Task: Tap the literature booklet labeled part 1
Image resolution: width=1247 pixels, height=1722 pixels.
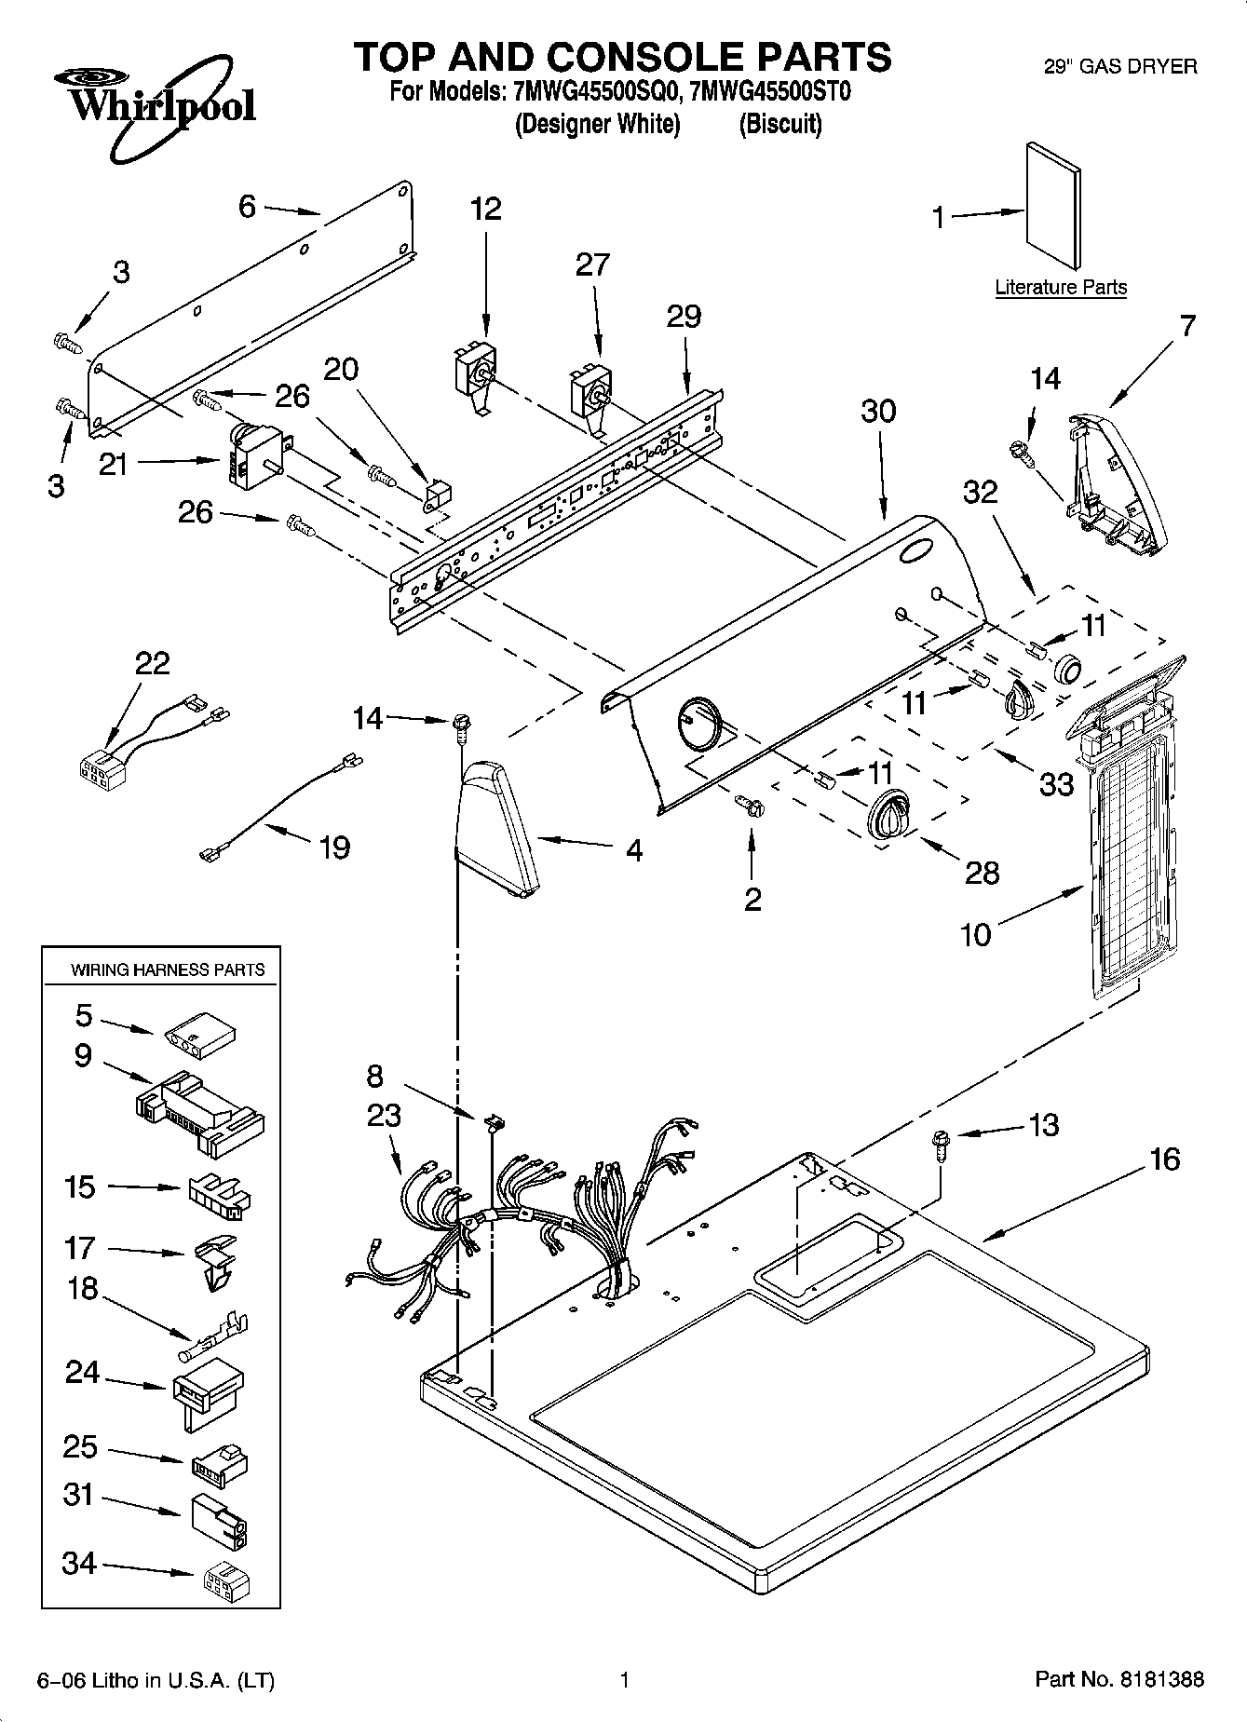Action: pos(1054,206)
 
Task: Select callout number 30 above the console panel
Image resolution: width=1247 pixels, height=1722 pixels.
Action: pos(878,411)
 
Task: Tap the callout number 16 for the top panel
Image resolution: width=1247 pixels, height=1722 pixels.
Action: pos(1164,1159)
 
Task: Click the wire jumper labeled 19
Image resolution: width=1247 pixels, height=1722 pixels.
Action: pos(277,808)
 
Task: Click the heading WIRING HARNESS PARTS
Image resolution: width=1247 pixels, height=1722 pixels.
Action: pos(168,969)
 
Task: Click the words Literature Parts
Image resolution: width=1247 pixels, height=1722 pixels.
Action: pos(1060,287)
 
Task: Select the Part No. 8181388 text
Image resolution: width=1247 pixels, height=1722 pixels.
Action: pos(1119,1678)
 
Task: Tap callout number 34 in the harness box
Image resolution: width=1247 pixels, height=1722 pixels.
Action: pos(79,1562)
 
